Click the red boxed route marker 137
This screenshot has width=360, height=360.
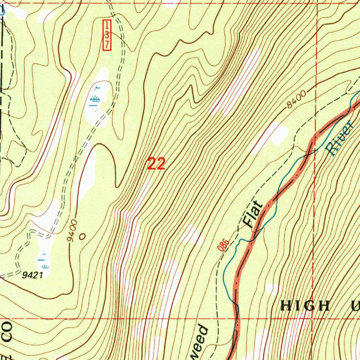pyautogui.click(x=107, y=35)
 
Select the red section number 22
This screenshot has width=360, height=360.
pyautogui.click(x=156, y=164)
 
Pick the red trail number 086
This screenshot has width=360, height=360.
pyautogui.click(x=223, y=245)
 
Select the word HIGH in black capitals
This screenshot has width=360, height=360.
pyautogui.click(x=305, y=306)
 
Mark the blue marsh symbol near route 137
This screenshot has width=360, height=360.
pyautogui.click(x=94, y=100)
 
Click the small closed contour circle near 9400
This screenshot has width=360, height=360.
pyautogui.click(x=82, y=237)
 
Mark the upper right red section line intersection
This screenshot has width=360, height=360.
pyautogui.click(x=317, y=4)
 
